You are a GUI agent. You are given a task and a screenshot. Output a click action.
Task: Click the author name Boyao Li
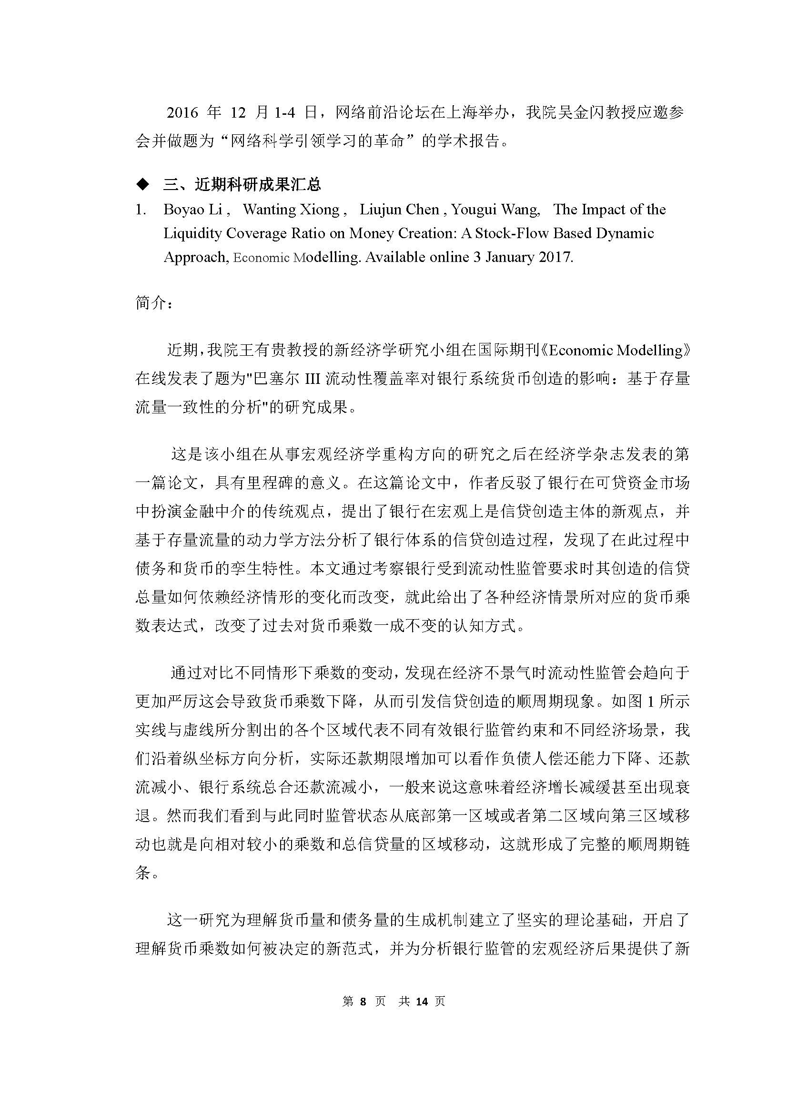coord(192,210)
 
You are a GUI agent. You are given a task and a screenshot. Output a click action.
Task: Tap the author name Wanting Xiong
coord(291,210)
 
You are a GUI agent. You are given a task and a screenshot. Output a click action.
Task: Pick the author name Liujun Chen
coord(399,210)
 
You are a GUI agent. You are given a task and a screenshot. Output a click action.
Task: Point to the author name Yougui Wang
coord(495,210)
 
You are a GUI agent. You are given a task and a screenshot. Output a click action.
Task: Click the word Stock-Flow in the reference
coord(510,233)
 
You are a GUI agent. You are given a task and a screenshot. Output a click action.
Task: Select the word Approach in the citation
coord(194,257)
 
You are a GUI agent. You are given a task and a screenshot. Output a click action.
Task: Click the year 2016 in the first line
coord(182,113)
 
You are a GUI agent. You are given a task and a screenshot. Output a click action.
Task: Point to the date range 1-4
coord(284,113)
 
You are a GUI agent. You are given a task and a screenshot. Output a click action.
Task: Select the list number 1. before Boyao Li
coord(141,210)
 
